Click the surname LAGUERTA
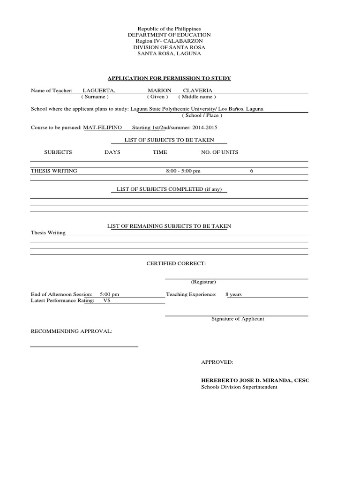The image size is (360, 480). click(x=99, y=90)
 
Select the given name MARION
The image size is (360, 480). click(x=159, y=90)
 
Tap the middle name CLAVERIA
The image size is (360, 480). click(x=197, y=90)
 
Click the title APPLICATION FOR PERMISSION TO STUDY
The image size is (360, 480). click(x=169, y=78)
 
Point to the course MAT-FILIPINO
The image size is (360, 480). click(x=102, y=127)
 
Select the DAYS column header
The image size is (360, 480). click(x=112, y=152)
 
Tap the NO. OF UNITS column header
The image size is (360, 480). click(x=219, y=152)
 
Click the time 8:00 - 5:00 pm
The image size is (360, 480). click(x=183, y=171)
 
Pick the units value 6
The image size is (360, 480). click(x=251, y=171)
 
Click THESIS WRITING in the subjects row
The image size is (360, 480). click(x=54, y=171)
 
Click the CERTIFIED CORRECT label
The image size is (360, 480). click(x=176, y=264)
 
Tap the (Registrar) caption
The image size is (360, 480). click(x=203, y=282)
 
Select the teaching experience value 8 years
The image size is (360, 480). click(x=233, y=295)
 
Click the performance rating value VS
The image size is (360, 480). click(x=107, y=300)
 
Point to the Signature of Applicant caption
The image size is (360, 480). click(x=238, y=319)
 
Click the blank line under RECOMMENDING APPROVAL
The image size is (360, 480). click(x=84, y=346)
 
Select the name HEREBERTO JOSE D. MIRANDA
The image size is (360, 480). click(x=247, y=380)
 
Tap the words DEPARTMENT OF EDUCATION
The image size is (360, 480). click(x=169, y=35)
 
